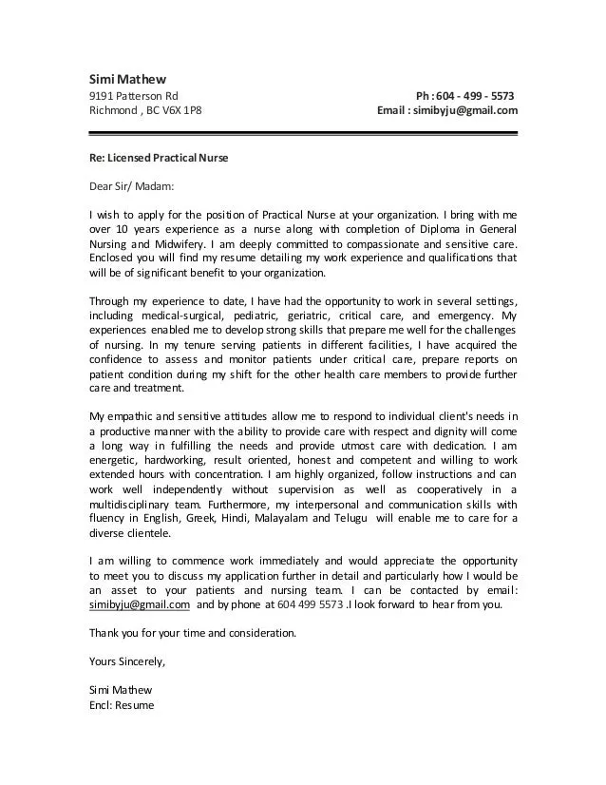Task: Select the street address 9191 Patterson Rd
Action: [x=133, y=96]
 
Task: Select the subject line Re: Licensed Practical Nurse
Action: [x=159, y=157]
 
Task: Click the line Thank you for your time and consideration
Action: [x=193, y=632]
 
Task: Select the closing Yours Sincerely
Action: [x=127, y=661]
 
